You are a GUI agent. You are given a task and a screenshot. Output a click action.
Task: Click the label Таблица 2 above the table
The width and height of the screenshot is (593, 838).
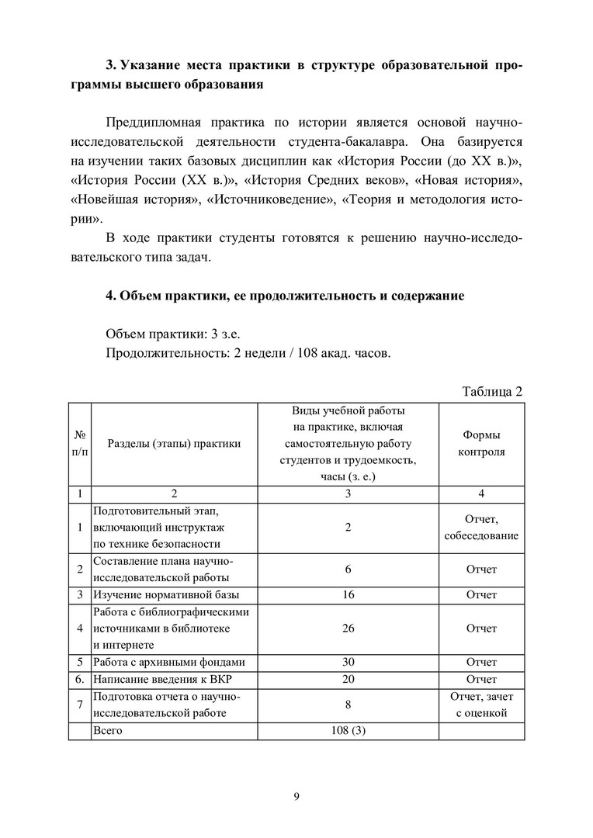coord(492,390)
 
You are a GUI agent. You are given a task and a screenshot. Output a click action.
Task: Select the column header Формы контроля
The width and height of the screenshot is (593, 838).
coord(481,444)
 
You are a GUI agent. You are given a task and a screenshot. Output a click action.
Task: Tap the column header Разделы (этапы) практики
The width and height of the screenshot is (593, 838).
coord(174,444)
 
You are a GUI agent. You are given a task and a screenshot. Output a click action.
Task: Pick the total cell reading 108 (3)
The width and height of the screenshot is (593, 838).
coord(348,731)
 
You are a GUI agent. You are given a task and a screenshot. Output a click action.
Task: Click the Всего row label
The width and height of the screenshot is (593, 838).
coord(108,731)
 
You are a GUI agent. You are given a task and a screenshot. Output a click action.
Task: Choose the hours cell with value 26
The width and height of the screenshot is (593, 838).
coord(348,628)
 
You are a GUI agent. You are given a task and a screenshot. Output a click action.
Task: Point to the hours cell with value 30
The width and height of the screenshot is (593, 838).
coord(348,663)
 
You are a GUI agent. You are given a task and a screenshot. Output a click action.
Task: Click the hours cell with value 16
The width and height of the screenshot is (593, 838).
coord(348,595)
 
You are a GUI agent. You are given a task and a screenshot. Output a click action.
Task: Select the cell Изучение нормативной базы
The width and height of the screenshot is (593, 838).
coord(166,595)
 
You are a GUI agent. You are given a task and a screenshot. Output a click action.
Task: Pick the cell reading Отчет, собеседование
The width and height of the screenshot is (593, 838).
coord(481,528)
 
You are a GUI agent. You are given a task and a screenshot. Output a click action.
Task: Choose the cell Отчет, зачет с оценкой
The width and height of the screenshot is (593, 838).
coord(481,705)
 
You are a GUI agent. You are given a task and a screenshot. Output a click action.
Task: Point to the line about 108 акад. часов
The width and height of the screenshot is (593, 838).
coord(248,355)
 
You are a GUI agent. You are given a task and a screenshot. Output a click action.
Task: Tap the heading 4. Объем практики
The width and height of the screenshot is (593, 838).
coord(285,296)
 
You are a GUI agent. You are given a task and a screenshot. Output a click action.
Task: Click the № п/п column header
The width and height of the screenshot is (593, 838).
coord(79,444)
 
